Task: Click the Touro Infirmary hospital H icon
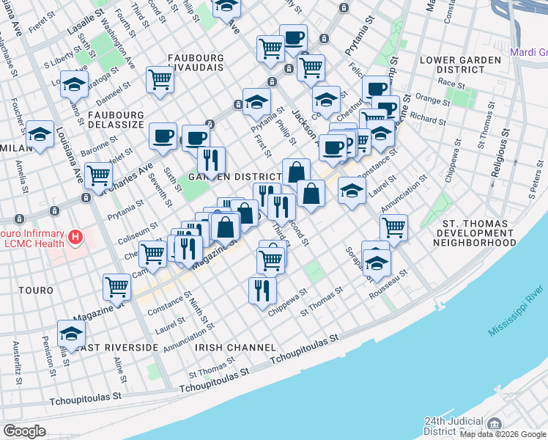(x=74, y=237)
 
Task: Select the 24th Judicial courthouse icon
(x=495, y=425)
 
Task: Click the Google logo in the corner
(x=24, y=431)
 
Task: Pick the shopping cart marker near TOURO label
(x=117, y=287)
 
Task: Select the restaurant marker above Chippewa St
(x=262, y=290)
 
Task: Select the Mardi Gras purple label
(x=527, y=53)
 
